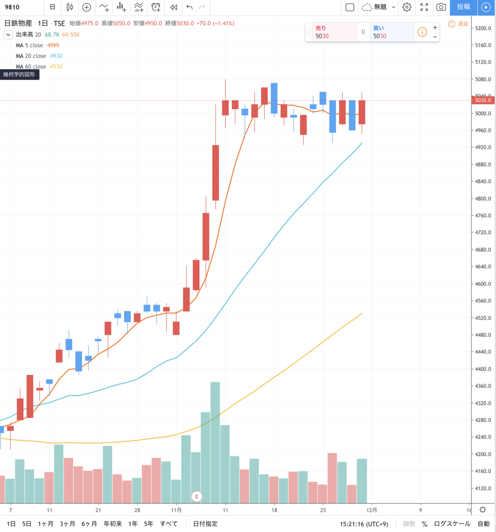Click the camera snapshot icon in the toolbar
[x=441, y=7]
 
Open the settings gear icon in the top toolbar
[x=407, y=7]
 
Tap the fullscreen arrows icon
[x=424, y=7]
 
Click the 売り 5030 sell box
[x=334, y=32]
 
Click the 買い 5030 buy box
[x=392, y=32]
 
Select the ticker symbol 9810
[x=12, y=7]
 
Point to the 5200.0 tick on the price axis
[x=483, y=28]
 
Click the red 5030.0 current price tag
[x=483, y=100]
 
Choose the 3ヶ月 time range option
[x=67, y=524]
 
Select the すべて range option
[x=169, y=524]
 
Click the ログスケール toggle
[x=452, y=524]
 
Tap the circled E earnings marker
[x=197, y=497]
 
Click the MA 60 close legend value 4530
[x=56, y=66]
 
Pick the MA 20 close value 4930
[x=56, y=56]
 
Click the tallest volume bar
[x=215, y=442]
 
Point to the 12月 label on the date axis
[x=372, y=510]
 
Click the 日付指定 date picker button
[x=205, y=524]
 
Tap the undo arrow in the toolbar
[x=190, y=7]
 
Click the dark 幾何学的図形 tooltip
[x=19, y=74]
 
